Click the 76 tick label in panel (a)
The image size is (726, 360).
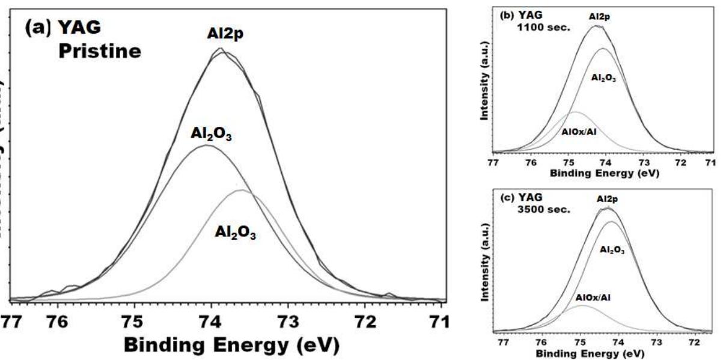point(58,322)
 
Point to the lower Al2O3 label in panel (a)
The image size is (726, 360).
point(236,234)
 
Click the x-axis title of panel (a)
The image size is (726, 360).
point(232,346)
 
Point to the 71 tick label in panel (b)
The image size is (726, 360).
point(710,163)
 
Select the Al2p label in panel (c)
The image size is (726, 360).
point(607,199)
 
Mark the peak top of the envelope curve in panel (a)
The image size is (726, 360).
point(221,50)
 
